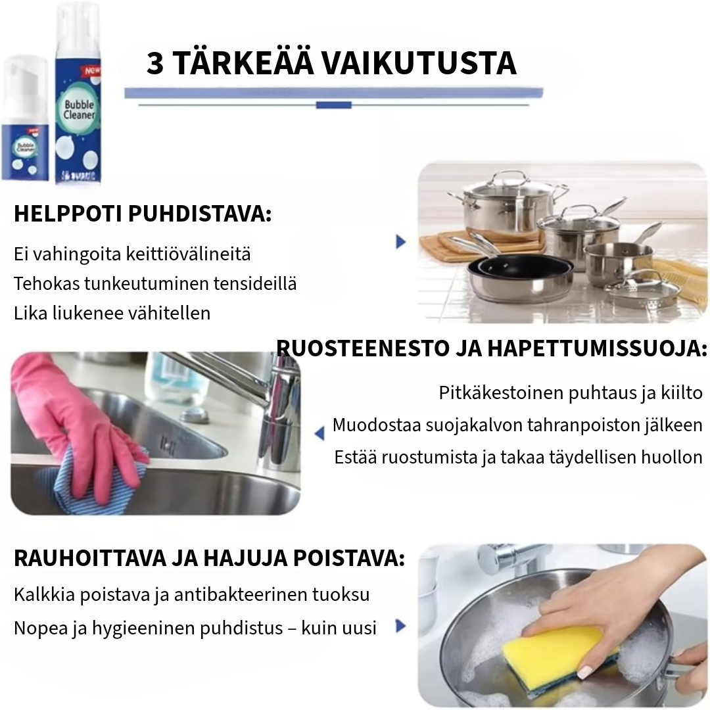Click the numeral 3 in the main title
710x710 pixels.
[155, 64]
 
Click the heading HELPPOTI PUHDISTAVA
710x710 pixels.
[142, 214]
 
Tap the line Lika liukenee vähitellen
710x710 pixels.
[112, 313]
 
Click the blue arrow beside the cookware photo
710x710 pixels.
[400, 241]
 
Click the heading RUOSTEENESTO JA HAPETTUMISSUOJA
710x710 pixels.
[491, 348]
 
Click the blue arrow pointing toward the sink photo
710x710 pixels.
[319, 433]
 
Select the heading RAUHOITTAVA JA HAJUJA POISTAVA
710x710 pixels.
[209, 559]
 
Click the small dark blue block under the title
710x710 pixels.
[333, 105]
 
